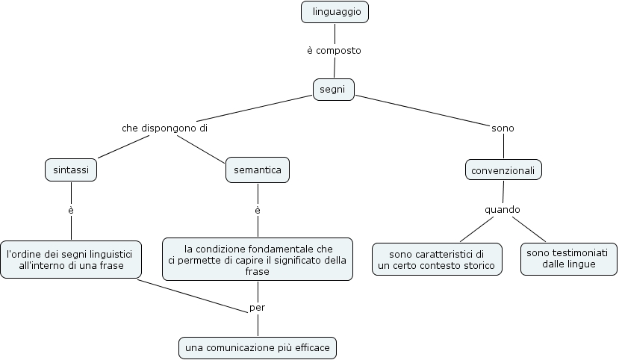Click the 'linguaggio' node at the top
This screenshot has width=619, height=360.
tap(335, 12)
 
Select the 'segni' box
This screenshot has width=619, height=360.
tap(333, 89)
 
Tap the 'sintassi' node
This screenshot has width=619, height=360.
tap(71, 170)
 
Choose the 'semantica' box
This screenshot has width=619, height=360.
tap(257, 170)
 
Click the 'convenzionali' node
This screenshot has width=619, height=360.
tap(503, 170)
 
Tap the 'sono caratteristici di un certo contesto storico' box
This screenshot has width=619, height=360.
tap(437, 259)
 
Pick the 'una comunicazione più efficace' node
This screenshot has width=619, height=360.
tap(258, 347)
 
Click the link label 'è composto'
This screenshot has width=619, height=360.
tap(334, 51)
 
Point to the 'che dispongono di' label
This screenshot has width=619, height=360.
tap(164, 128)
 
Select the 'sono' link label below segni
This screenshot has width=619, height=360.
tap(503, 128)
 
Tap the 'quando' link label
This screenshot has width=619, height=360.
tap(503, 210)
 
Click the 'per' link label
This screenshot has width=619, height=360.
tap(257, 307)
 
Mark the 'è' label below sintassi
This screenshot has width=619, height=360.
tap(71, 211)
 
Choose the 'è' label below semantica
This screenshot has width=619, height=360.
tap(257, 211)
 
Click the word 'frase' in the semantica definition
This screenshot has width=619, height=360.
tap(257, 272)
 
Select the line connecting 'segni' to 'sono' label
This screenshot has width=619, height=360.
tap(422, 108)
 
